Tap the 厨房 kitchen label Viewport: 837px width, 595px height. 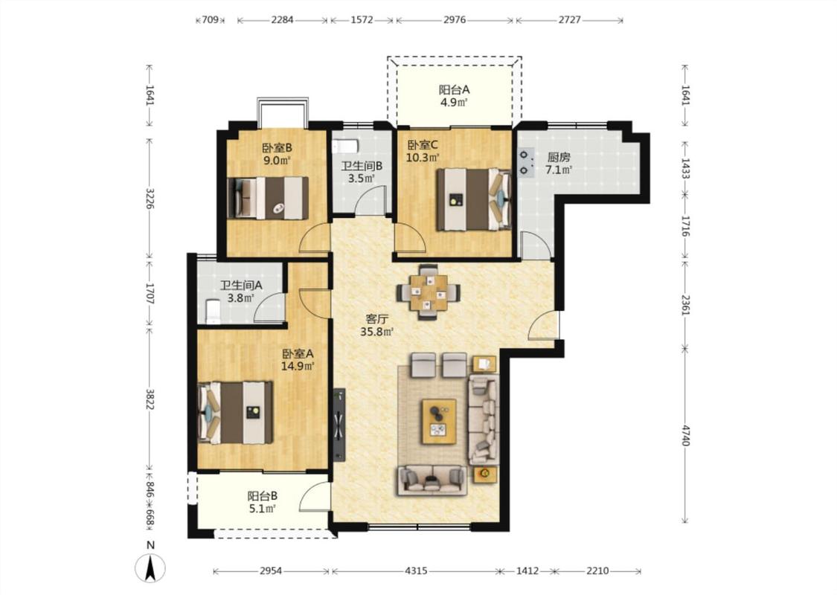pyautogui.click(x=559, y=158)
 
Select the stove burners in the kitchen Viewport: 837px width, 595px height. pyautogui.click(x=527, y=163)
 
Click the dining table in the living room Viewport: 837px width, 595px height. pyautogui.click(x=429, y=292)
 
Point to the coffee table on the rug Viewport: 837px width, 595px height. pyautogui.click(x=439, y=421)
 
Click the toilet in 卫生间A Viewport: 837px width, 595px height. pyautogui.click(x=213, y=312)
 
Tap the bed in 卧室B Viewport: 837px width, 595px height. pyautogui.click(x=269, y=198)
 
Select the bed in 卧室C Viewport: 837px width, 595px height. pyautogui.click(x=474, y=199)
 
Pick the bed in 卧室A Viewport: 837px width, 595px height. pyautogui.click(x=235, y=412)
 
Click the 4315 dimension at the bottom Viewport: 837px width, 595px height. pyautogui.click(x=416, y=571)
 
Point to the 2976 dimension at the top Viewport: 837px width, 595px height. pyautogui.click(x=455, y=20)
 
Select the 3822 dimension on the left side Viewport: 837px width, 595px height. pyautogui.click(x=150, y=398)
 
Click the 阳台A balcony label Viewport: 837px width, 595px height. pyautogui.click(x=455, y=90)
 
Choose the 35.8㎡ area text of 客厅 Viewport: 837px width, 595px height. pyautogui.click(x=377, y=332)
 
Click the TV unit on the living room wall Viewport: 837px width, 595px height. pyautogui.click(x=339, y=425)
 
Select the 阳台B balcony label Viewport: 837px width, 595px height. pyautogui.click(x=262, y=496)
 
